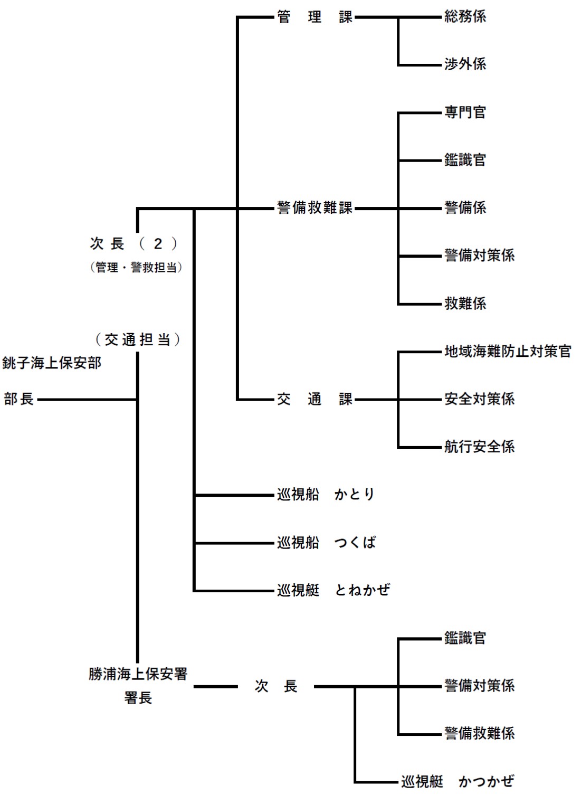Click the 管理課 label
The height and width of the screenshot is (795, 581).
(x=315, y=17)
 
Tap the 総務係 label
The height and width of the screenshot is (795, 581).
(x=465, y=17)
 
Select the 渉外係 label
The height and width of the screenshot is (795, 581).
(x=465, y=64)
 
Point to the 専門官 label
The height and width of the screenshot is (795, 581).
(x=465, y=112)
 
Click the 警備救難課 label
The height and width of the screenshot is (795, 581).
(x=315, y=208)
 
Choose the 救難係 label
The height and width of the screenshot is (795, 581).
(x=465, y=304)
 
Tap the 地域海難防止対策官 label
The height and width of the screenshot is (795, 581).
(x=508, y=352)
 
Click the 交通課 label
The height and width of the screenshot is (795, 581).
(x=315, y=399)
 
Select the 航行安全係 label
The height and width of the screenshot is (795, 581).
(x=479, y=447)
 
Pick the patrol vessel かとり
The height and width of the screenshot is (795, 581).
(x=326, y=495)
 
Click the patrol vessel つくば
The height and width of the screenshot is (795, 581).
(x=326, y=543)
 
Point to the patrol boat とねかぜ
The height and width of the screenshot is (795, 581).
(x=333, y=590)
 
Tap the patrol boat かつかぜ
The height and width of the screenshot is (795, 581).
(x=457, y=781)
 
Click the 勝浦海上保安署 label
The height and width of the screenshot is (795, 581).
(x=138, y=674)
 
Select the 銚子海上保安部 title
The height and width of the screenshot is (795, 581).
(x=52, y=363)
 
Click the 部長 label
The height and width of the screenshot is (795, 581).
(x=19, y=399)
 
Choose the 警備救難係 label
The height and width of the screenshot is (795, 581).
(x=479, y=733)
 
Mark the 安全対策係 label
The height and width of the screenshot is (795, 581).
(x=479, y=399)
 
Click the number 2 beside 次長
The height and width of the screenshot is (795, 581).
(x=158, y=244)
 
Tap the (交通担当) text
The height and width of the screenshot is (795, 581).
(x=138, y=339)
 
